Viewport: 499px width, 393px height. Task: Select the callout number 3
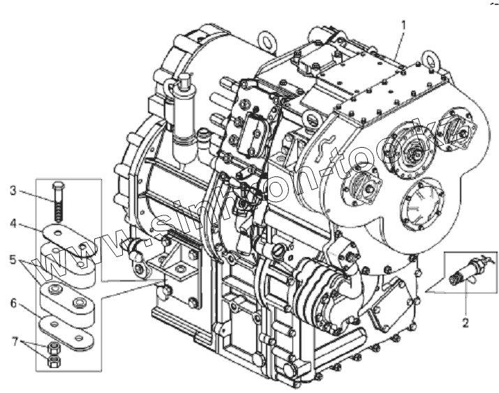click(x=13, y=190)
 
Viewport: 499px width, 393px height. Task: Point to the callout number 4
click(x=13, y=224)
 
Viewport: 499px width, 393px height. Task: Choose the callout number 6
click(x=13, y=305)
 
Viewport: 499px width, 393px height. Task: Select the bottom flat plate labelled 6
click(x=68, y=326)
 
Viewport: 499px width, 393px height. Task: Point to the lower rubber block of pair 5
click(x=70, y=299)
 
